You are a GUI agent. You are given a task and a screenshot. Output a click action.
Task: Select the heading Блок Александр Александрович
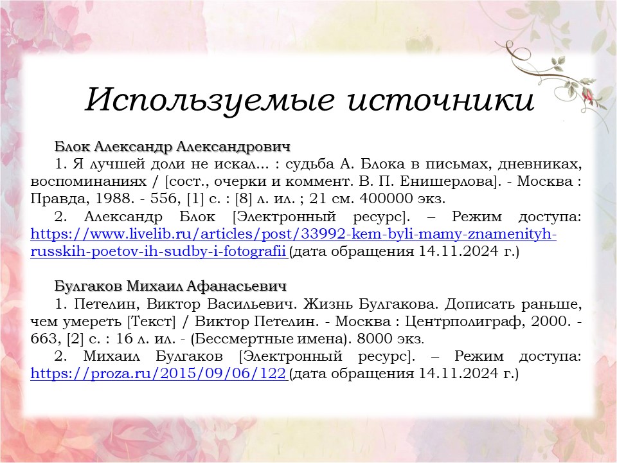pyautogui.click(x=172, y=147)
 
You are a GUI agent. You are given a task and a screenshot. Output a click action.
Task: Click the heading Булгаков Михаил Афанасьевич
pyautogui.click(x=170, y=286)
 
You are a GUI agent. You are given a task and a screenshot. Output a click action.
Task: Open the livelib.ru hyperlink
pyautogui.click(x=294, y=242)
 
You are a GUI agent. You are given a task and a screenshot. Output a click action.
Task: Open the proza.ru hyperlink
pyautogui.click(x=158, y=373)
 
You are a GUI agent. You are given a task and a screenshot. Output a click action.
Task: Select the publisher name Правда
pyautogui.click(x=60, y=199)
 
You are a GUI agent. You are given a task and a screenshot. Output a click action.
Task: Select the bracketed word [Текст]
pyautogui.click(x=152, y=322)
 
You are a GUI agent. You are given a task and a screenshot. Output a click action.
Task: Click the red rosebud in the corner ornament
pyautogui.click(x=588, y=95)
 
